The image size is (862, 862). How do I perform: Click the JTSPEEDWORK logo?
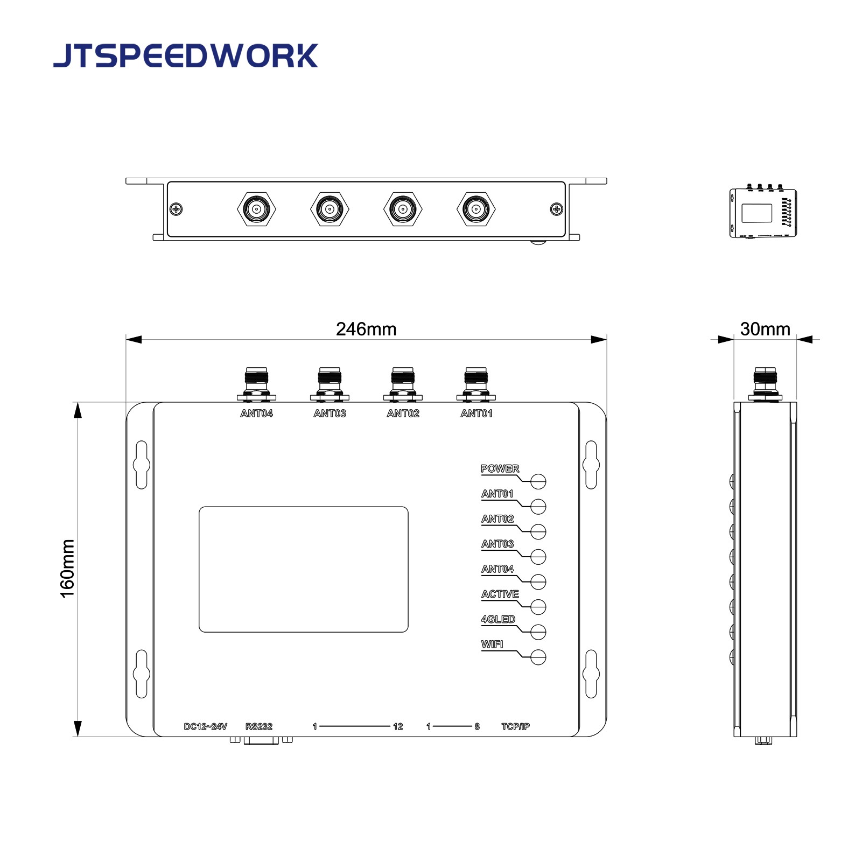pyautogui.click(x=185, y=56)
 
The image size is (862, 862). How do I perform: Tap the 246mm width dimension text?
pyautogui.click(x=366, y=329)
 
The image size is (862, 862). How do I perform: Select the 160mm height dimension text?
pyautogui.click(x=67, y=569)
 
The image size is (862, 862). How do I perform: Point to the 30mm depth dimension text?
pyautogui.click(x=765, y=329)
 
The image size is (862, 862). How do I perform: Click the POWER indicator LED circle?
pyautogui.click(x=538, y=481)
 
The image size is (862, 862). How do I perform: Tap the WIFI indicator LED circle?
pyautogui.click(x=538, y=657)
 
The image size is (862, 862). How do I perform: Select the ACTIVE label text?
pyautogui.click(x=500, y=594)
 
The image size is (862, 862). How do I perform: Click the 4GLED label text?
pyautogui.click(x=498, y=619)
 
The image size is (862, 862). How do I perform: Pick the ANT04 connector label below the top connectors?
pyautogui.click(x=256, y=414)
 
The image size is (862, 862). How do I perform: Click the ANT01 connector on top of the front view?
pyautogui.click(x=476, y=383)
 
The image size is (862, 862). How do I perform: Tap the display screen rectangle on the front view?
pyautogui.click(x=303, y=569)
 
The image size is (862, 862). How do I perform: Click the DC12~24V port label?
pyautogui.click(x=206, y=726)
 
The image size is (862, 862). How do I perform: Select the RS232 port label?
pyautogui.click(x=259, y=726)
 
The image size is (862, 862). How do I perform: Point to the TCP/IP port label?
pyautogui.click(x=515, y=726)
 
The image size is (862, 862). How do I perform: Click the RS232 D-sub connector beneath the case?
pyautogui.click(x=261, y=741)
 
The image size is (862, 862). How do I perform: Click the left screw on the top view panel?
pyautogui.click(x=176, y=209)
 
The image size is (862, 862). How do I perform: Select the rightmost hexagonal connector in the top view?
pyautogui.click(x=476, y=209)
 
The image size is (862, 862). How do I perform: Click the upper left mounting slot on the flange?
pyautogui.click(x=142, y=465)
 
